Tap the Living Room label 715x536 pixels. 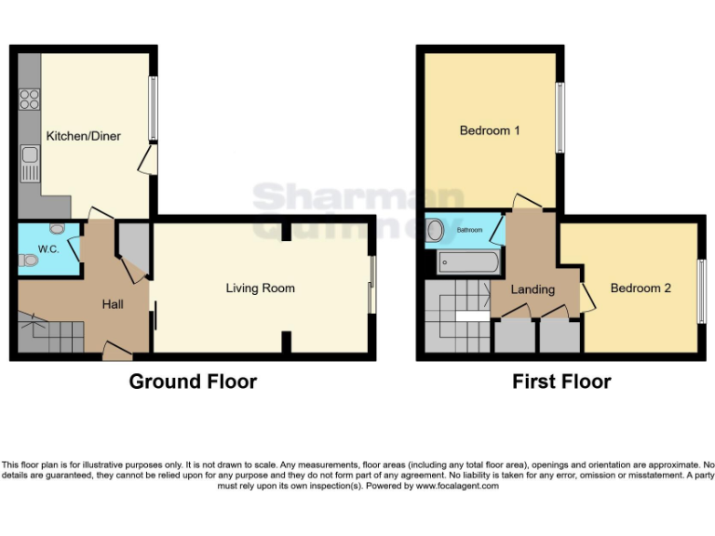coord(261,288)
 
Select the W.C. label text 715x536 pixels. coord(48,248)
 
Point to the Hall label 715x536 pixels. coord(113,304)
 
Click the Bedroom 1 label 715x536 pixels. coord(490,130)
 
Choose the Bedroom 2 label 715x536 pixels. coord(641,288)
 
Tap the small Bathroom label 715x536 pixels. coord(469,229)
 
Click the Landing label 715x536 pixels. coord(533,290)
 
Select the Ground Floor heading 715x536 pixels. coord(193,382)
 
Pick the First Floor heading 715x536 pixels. coord(561,382)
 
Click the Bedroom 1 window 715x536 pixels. coord(560,118)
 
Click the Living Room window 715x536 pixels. coord(372,284)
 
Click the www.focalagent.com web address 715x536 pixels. coord(456,486)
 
